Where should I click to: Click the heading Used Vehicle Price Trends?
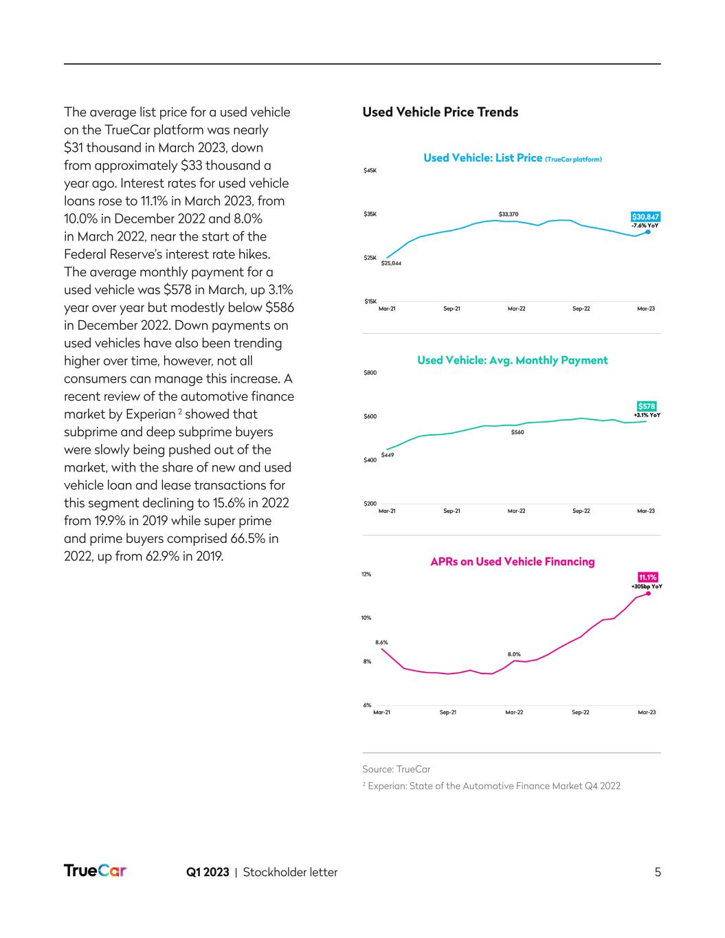click(440, 112)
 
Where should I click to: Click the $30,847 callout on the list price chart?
click(645, 217)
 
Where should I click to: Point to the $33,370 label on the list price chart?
click(509, 214)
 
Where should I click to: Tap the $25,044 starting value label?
click(391, 264)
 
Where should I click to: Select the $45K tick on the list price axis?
click(370, 171)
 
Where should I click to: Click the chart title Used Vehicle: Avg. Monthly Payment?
click(512, 360)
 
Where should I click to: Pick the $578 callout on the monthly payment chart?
click(647, 406)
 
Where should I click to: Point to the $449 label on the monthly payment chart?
click(388, 455)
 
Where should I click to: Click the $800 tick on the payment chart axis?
click(370, 373)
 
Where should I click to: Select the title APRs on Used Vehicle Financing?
click(512, 561)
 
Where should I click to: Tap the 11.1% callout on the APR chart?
click(647, 577)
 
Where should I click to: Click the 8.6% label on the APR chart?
click(381, 643)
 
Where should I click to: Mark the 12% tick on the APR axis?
click(366, 574)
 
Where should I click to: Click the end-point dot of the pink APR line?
click(648, 593)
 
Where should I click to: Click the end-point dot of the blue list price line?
click(648, 232)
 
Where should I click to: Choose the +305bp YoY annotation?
click(647, 587)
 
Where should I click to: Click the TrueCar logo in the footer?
click(95, 871)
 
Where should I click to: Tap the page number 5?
click(658, 872)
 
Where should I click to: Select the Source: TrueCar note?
click(396, 769)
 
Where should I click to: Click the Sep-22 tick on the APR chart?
click(581, 713)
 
